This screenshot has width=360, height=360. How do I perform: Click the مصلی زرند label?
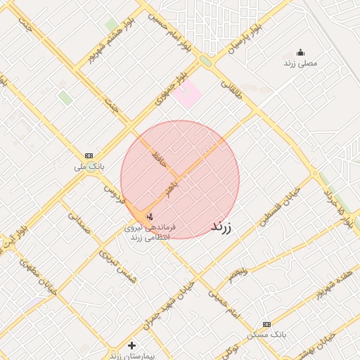point(301,63)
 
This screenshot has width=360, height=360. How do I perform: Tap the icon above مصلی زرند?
point(301,52)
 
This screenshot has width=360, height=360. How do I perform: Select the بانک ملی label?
point(89,167)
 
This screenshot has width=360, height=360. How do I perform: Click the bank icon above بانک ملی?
point(89,155)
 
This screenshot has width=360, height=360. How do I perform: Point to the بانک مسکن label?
point(266,336)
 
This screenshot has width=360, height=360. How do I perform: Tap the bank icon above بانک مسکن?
point(266,324)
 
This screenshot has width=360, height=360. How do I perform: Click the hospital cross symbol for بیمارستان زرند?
point(131,345)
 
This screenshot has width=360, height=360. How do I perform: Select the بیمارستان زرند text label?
point(127,356)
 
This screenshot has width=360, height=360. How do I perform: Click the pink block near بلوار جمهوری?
point(188,95)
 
